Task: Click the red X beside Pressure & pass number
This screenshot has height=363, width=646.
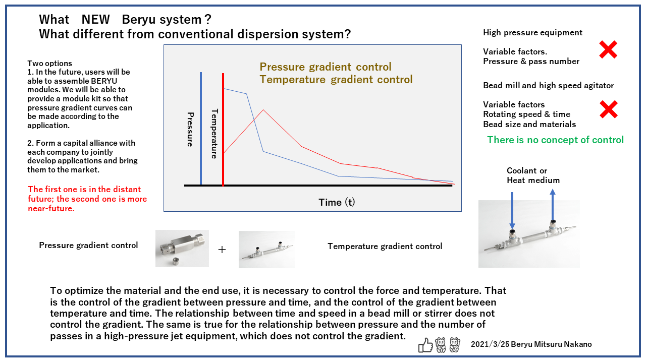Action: coord(608,49)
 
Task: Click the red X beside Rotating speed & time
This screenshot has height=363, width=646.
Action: coord(609,109)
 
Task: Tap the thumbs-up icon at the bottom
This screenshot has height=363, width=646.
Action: coord(425,345)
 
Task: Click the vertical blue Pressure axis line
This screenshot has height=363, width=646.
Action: coord(201,128)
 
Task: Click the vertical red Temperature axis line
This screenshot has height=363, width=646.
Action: coord(223,130)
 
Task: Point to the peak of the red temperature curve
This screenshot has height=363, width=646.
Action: coord(263,110)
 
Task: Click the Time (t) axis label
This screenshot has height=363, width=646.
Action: coord(337,202)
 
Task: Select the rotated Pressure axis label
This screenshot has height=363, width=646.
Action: coord(190,130)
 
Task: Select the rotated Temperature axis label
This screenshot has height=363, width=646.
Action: coord(214,134)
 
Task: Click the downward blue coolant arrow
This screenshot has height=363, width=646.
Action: coord(512,211)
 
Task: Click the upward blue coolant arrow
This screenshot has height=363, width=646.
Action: coord(553,205)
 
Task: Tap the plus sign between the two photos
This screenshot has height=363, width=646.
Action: coord(222,249)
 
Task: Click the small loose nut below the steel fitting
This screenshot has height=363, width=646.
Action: coord(176,261)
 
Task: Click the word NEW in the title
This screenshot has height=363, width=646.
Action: coord(95,19)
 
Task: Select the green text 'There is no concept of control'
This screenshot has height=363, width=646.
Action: coord(556,140)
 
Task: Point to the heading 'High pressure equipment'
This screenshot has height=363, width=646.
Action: coord(532,33)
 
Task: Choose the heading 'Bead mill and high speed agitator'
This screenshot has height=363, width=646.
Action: coord(548,85)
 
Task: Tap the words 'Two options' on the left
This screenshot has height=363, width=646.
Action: coord(49,64)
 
